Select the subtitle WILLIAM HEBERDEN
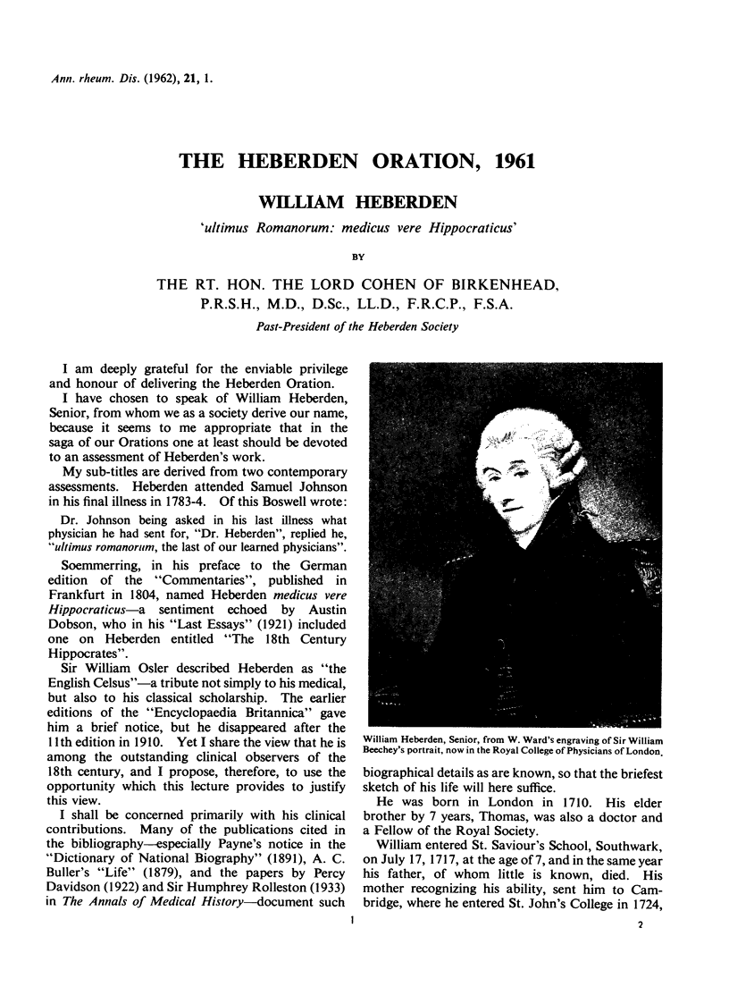coord(364,201)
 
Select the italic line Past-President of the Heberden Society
coord(364,326)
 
